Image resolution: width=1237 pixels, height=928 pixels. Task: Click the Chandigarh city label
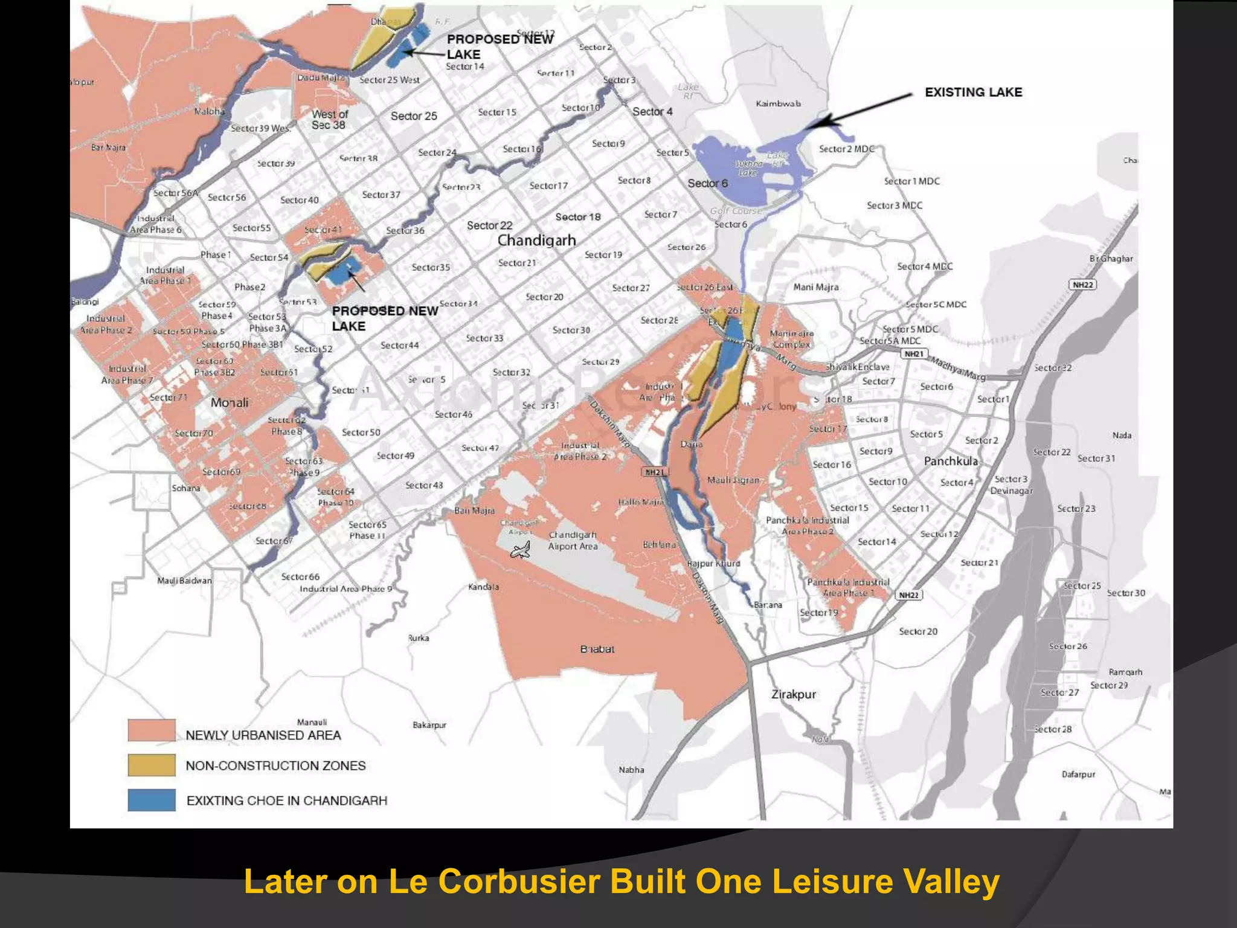536,240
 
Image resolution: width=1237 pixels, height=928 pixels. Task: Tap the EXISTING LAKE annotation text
973,92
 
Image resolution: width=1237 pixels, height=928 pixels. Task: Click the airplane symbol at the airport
521,550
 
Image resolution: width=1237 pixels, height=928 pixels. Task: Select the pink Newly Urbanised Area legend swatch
152,730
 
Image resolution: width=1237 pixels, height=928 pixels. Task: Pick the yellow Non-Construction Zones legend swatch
152,765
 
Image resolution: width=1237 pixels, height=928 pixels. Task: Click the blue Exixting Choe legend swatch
152,800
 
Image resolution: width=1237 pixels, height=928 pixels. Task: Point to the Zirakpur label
793,694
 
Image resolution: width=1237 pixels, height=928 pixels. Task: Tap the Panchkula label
950,461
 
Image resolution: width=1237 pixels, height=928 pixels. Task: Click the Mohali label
229,402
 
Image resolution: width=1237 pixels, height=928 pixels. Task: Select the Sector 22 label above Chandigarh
489,225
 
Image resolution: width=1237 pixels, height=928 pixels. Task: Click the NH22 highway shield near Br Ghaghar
1082,285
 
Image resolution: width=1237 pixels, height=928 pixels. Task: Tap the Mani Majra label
815,287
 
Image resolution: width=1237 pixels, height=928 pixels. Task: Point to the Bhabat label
597,649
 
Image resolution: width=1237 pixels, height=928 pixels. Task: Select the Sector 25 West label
390,80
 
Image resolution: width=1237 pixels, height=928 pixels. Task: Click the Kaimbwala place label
779,103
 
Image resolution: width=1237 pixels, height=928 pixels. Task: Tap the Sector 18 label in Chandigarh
578,217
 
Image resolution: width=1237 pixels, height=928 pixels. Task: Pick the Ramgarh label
1125,672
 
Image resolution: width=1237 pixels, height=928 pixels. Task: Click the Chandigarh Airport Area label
573,541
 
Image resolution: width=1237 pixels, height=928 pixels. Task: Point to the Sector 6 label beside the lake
707,183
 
